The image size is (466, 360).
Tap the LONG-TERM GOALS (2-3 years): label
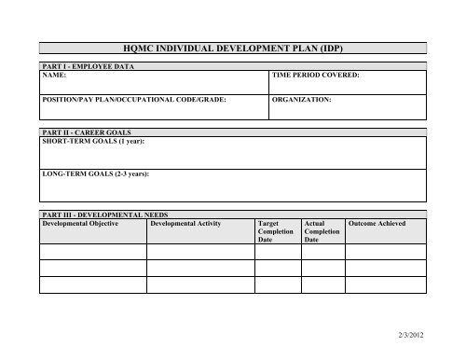(x=97, y=174)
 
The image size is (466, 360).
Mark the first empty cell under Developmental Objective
(x=93, y=251)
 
